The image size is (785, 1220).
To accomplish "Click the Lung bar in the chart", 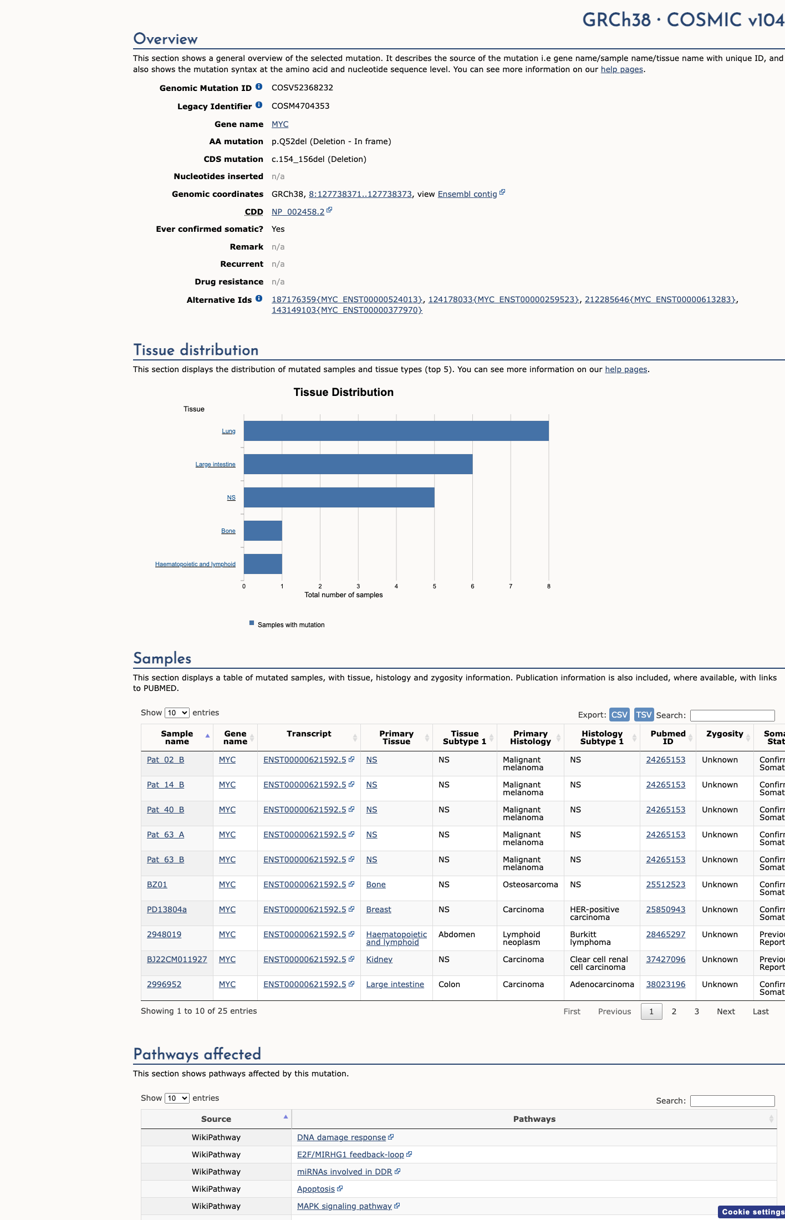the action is coord(396,431).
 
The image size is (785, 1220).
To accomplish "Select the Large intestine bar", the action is coord(358,464).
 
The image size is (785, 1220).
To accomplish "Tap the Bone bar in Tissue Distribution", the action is coord(263,531).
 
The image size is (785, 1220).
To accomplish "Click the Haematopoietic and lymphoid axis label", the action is coord(195,564).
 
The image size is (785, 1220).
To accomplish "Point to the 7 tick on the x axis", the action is coord(511,586).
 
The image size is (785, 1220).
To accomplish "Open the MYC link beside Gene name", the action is coord(280,124).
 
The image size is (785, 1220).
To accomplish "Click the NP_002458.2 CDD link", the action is coord(298,212).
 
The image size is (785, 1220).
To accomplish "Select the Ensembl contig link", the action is coord(467,194).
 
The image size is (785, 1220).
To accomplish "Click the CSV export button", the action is coord(619,714).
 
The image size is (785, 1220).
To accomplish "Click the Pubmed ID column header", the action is coord(668,738).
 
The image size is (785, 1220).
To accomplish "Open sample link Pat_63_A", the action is coord(165,835).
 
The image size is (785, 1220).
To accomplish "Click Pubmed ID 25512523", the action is coord(666,884).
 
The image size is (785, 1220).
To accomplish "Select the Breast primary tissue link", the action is coord(379,909).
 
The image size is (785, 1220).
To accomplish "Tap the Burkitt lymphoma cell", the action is coord(590,938).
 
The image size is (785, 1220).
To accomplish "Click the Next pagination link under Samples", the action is coord(726,1011).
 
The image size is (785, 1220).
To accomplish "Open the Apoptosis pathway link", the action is coord(316,1189).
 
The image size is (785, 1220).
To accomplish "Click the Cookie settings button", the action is coord(752,1212).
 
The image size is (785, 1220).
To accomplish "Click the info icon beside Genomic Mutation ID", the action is coord(259,87).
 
